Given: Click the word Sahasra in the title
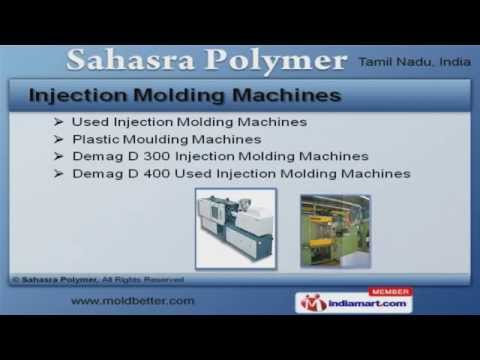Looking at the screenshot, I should point(131,60).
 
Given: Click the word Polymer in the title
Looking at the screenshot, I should point(272,60).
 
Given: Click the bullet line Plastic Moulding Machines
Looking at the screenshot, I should point(166,139).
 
